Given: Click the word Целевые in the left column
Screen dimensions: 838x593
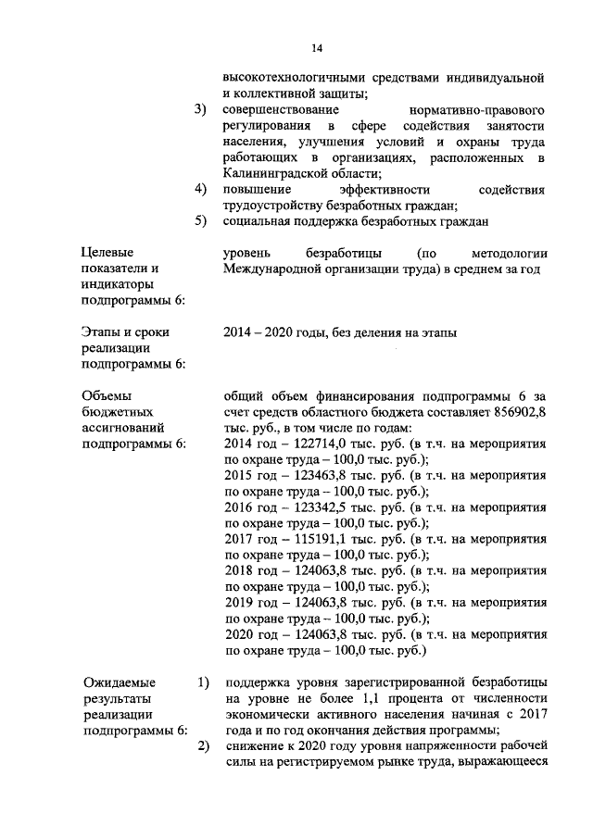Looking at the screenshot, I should [107, 253].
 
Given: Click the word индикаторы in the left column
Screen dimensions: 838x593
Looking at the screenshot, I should [118, 284].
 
